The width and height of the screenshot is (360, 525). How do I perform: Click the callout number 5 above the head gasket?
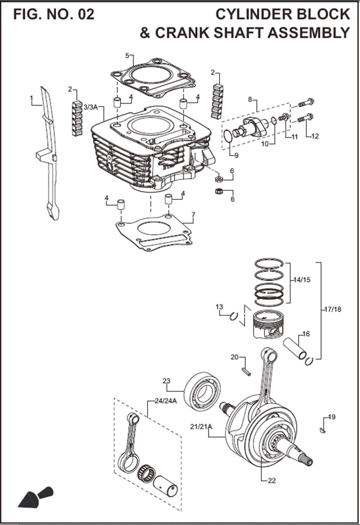[127, 55]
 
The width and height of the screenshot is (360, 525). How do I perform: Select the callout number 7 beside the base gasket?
[193, 214]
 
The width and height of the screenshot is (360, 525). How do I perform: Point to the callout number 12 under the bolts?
[315, 136]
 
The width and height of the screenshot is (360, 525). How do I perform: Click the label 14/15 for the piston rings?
[302, 279]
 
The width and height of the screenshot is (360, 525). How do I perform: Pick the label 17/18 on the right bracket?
[332, 309]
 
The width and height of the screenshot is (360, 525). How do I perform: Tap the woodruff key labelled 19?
[323, 431]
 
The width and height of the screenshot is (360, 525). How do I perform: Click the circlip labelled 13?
[234, 316]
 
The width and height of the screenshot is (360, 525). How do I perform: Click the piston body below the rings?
[268, 326]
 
